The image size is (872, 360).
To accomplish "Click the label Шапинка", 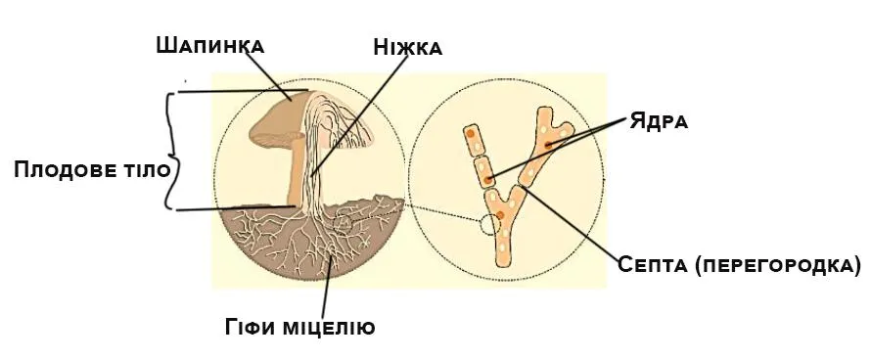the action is click(209, 45).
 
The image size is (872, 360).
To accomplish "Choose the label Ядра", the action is click(660, 121).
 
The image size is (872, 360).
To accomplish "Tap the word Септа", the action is click(655, 264).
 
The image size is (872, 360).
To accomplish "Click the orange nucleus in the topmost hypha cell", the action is click(471, 133).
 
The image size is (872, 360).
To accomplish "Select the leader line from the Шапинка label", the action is click(269, 73).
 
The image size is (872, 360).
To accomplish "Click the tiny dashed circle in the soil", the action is click(344, 224).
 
